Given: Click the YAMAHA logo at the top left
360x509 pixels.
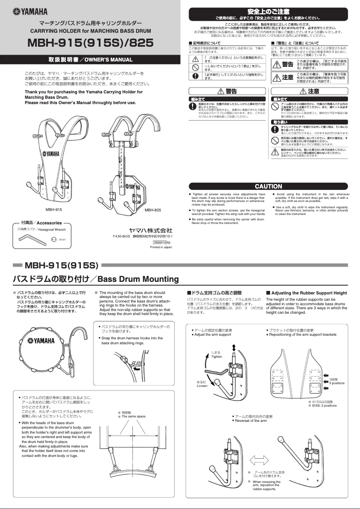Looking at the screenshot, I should pos(31,11).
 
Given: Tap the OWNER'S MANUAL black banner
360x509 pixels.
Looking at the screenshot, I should pos(90,60).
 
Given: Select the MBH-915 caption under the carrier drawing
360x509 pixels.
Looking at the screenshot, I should pos(53,210).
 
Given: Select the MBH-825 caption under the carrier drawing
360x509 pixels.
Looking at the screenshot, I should pos(153,210).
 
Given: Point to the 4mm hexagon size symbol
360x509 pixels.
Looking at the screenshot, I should pos(53,240).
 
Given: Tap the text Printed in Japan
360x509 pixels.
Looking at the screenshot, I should pos(161,247).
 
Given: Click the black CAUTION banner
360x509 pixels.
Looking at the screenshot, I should pos(268,186).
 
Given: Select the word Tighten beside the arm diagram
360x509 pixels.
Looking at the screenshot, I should pos(217,356).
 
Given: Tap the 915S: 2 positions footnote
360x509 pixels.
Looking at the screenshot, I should pos(322,405).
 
